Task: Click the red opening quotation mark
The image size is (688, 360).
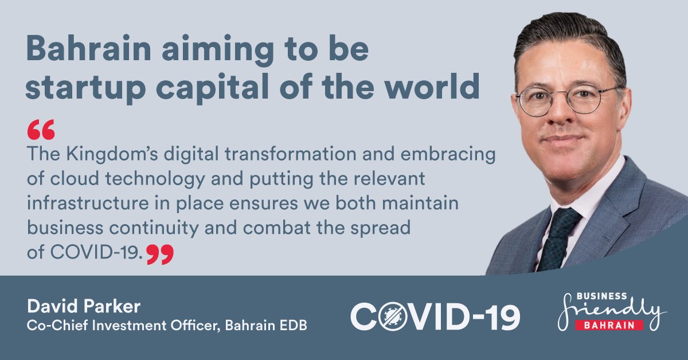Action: pyautogui.click(x=41, y=130)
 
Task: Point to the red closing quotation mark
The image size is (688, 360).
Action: pyautogui.click(x=159, y=254)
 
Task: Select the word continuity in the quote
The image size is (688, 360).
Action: pyautogui.click(x=159, y=228)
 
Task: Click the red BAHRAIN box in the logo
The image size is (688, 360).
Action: pyautogui.click(x=609, y=325)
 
